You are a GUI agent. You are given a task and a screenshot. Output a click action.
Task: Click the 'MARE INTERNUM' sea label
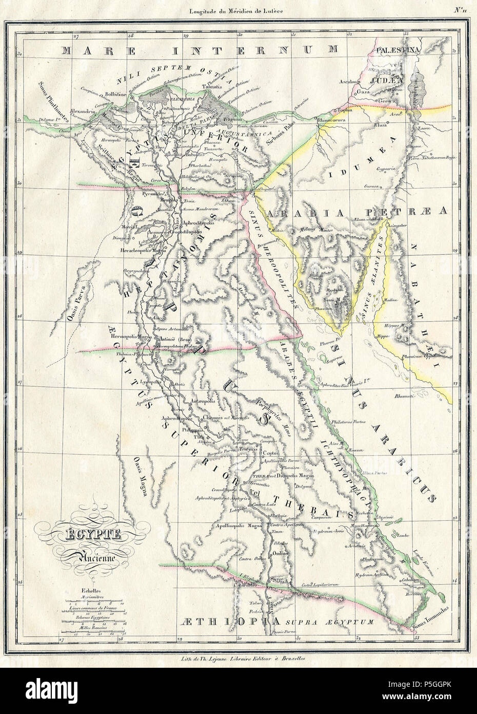(200, 49)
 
